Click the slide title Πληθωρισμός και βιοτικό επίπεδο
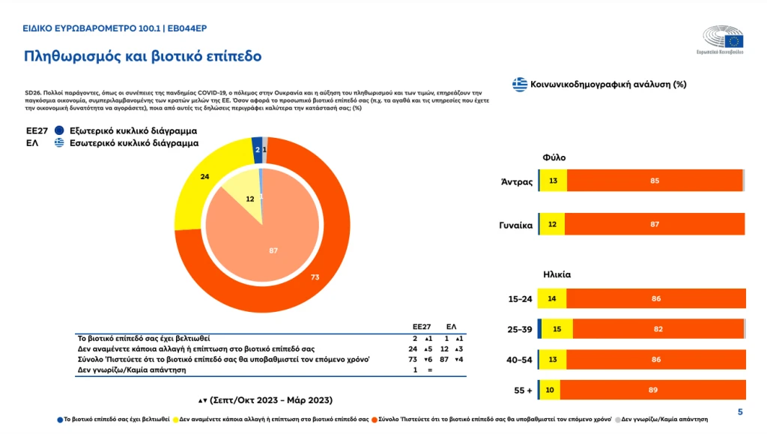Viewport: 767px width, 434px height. click(x=142, y=56)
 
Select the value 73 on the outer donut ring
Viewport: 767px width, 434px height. click(x=315, y=277)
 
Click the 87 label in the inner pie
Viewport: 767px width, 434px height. click(x=273, y=250)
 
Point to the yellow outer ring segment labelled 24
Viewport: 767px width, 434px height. click(x=204, y=177)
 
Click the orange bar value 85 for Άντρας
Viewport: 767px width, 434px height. click(x=654, y=180)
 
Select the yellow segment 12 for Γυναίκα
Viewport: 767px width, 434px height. click(x=552, y=224)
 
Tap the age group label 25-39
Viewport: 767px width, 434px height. click(x=520, y=329)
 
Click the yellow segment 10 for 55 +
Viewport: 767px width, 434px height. click(x=549, y=390)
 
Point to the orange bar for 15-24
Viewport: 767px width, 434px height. click(x=656, y=298)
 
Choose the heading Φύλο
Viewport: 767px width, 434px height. click(x=554, y=158)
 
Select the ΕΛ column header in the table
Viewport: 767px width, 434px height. click(x=452, y=328)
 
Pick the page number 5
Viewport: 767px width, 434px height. click(x=740, y=412)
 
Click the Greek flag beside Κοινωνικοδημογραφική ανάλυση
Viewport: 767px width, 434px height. click(x=519, y=84)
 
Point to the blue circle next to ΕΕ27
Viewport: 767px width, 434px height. click(x=59, y=130)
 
